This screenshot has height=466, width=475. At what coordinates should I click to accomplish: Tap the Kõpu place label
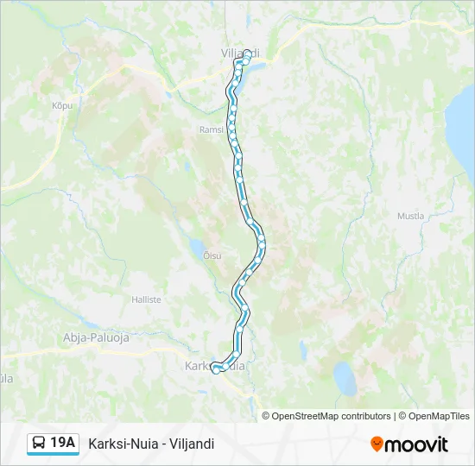tap(60, 104)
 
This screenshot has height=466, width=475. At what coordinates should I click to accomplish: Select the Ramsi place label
tap(211, 129)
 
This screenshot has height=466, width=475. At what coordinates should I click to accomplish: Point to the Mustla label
tap(410, 216)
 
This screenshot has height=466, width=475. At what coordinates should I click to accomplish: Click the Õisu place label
tap(212, 255)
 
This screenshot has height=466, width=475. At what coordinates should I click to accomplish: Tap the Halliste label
tap(146, 299)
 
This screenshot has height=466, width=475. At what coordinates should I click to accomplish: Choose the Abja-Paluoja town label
tap(96, 337)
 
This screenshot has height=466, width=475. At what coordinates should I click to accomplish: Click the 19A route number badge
tap(63, 443)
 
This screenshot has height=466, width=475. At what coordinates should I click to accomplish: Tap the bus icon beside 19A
tap(39, 444)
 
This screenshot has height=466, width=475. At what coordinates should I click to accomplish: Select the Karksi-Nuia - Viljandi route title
tap(151, 444)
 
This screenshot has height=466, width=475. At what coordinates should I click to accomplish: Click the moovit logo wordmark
tap(416, 444)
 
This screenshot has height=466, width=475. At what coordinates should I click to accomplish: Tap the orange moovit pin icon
tap(377, 444)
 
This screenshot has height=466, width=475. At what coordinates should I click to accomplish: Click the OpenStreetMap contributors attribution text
tap(326, 416)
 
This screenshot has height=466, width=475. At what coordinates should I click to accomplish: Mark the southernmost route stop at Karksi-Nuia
tap(216, 369)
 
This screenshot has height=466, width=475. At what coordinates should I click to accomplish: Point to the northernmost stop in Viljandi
tap(248, 54)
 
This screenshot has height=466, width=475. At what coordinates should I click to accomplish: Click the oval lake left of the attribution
tap(345, 378)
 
